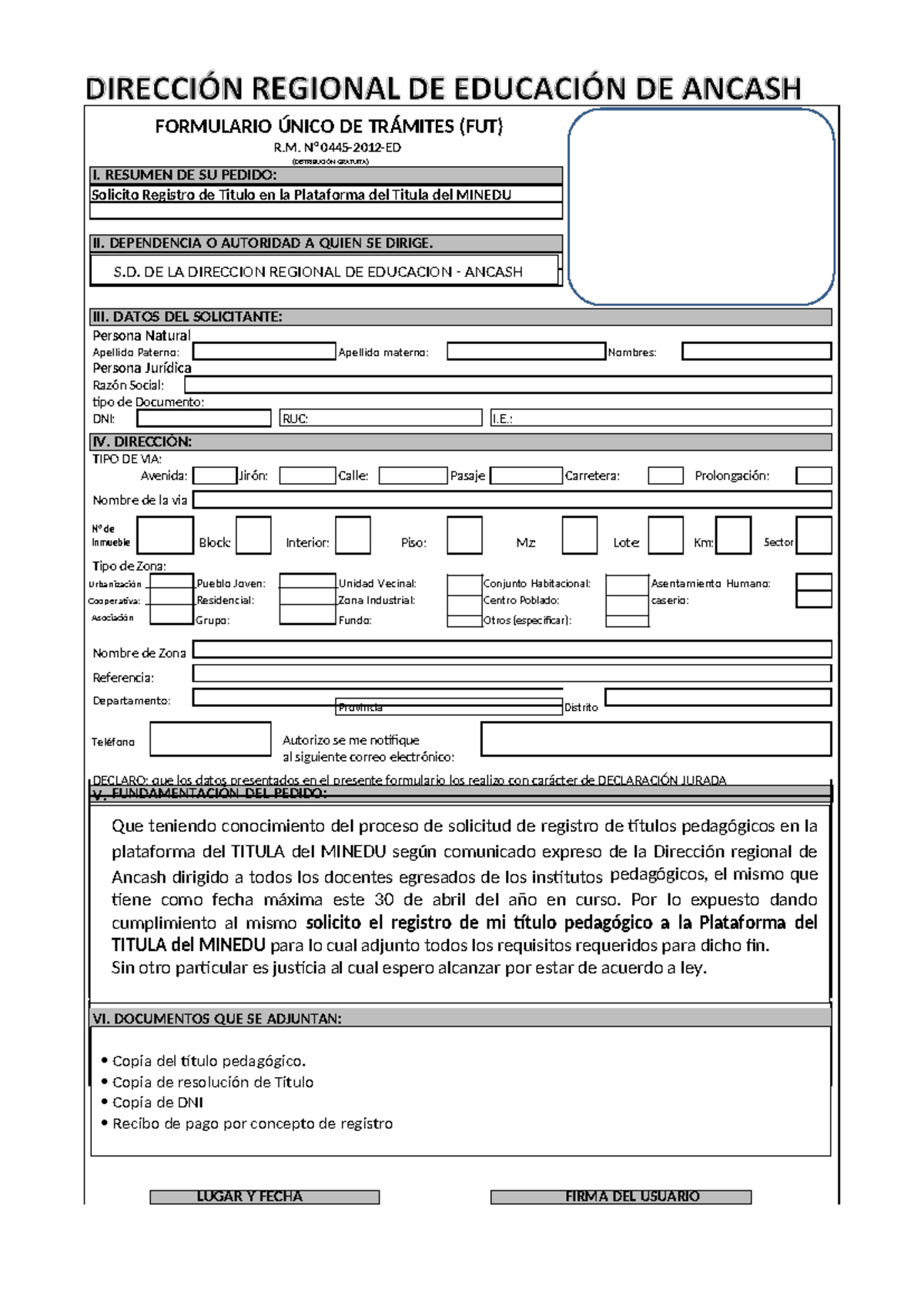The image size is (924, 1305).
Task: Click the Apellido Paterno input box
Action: (264, 352)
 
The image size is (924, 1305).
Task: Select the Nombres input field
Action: (756, 352)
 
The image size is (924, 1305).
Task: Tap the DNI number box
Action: (204, 418)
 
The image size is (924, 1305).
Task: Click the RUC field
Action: (380, 418)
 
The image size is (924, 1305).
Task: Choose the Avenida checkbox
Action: (214, 476)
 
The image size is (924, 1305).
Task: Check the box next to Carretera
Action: (665, 476)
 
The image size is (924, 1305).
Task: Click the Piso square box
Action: (464, 536)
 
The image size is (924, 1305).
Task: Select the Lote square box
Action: (665, 536)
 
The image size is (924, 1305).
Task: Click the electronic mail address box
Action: (655, 739)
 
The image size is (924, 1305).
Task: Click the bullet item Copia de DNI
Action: (158, 1103)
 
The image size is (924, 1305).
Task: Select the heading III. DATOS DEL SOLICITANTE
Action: (187, 317)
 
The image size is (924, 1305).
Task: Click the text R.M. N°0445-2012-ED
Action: (337, 147)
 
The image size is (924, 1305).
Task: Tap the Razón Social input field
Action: (507, 385)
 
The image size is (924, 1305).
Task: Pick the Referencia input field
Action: (511, 674)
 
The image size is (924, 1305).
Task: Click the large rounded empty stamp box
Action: (701, 206)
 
